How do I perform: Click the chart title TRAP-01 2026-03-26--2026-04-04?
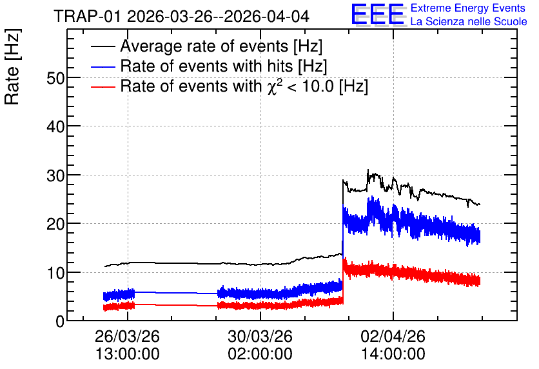tap(182, 16)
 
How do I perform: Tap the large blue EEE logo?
tap(378, 14)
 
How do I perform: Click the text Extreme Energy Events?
tap(468, 8)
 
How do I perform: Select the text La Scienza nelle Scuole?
tap(469, 21)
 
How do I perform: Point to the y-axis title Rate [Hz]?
tap(12, 66)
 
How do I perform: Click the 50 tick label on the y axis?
tap(55, 79)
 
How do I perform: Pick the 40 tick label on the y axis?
tap(55, 127)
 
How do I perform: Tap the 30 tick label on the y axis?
tap(55, 175)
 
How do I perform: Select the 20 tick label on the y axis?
tap(55, 224)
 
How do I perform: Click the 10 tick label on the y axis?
tap(55, 273)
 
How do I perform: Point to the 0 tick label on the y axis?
tap(60, 321)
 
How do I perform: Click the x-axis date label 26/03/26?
tap(127, 336)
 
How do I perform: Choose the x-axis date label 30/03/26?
tap(260, 336)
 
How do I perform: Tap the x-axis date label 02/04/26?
tap(393, 336)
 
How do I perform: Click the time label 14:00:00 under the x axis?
tap(393, 354)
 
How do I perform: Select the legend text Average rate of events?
tap(204, 46)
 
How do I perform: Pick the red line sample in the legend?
tap(103, 86)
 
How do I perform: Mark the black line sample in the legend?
tap(103, 46)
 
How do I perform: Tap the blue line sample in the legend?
tap(103, 66)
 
